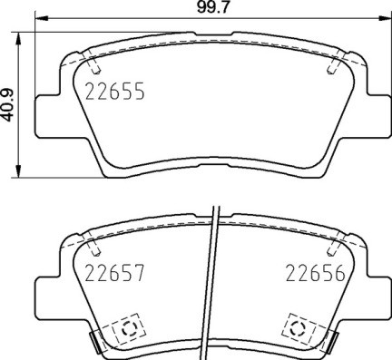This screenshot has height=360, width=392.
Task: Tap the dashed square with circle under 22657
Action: [122, 326]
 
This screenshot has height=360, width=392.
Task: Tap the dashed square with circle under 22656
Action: [297, 326]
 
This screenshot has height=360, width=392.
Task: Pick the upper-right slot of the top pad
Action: [333, 65]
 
